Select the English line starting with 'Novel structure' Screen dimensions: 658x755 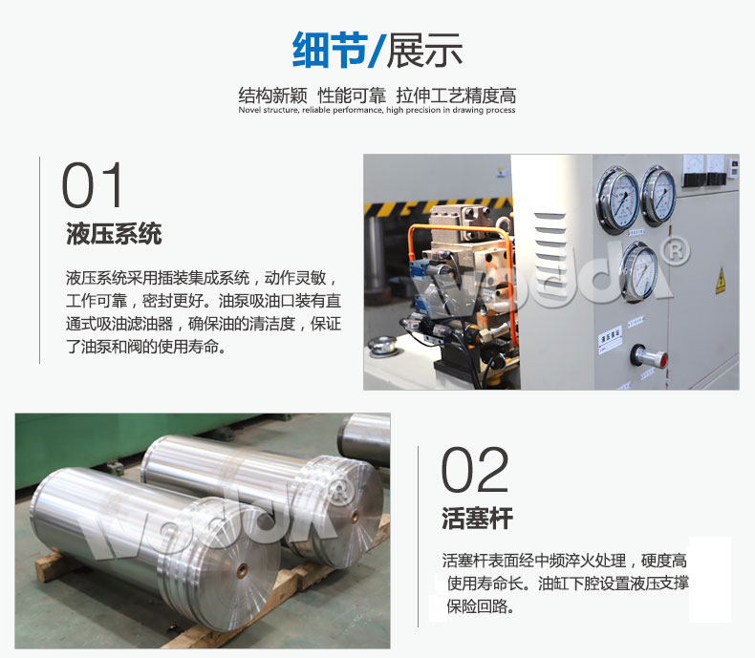tap(377, 111)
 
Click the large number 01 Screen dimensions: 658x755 tap(94, 186)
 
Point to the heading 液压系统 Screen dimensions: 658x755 tap(114, 233)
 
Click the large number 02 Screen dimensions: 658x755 tap(475, 471)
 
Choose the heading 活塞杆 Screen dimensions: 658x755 tap(477, 519)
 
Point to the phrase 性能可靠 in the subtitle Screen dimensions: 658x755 tap(352, 96)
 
